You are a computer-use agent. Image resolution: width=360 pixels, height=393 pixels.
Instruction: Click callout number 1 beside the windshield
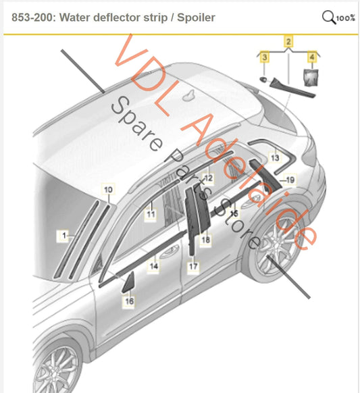(x=64, y=236)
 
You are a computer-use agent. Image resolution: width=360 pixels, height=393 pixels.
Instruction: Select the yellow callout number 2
(x=288, y=42)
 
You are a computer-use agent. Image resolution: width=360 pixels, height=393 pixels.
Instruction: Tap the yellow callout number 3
(x=265, y=57)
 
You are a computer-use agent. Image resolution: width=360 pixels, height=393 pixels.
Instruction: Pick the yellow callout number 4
(x=312, y=57)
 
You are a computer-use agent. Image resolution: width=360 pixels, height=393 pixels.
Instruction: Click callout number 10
(x=108, y=190)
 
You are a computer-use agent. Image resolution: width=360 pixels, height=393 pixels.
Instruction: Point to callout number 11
(x=151, y=215)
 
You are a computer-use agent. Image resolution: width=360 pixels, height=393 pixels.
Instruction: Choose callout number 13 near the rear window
(x=275, y=158)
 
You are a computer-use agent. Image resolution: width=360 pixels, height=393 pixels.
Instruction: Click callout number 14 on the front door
(x=154, y=266)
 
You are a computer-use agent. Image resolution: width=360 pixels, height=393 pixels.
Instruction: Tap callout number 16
(x=129, y=301)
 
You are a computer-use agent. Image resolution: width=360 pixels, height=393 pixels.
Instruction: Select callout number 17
(x=193, y=266)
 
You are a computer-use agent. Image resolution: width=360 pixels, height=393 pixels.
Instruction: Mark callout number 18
(x=205, y=240)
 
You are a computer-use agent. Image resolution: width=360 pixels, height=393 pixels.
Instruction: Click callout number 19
(x=290, y=180)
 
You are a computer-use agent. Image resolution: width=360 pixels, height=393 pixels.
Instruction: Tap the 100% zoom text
(x=345, y=18)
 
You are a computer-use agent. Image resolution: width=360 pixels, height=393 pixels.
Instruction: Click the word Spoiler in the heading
(x=196, y=18)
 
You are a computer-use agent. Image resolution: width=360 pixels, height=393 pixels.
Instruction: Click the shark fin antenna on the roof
(x=190, y=95)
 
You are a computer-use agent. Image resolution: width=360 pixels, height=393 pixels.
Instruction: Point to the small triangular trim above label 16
(x=128, y=282)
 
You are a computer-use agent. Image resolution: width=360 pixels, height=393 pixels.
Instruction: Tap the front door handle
(x=170, y=252)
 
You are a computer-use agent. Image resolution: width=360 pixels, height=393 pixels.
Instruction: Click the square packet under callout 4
(x=311, y=77)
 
